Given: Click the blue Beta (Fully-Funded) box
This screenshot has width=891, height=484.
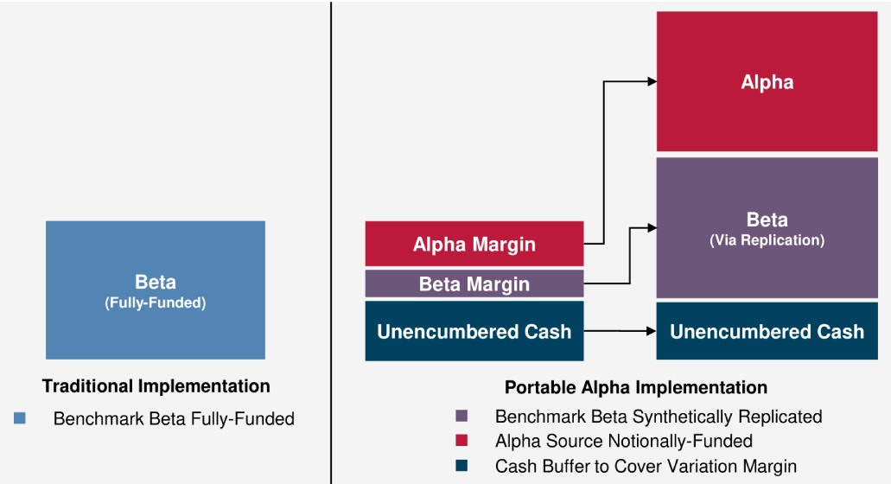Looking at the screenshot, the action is (x=156, y=290).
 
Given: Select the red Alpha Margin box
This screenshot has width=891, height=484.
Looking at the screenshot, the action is (x=474, y=244).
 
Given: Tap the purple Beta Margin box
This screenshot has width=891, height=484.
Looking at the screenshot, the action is (x=474, y=283).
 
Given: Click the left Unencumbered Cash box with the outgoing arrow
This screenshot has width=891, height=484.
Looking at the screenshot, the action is (x=474, y=331).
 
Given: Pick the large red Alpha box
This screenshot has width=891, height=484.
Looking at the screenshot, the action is (x=767, y=81).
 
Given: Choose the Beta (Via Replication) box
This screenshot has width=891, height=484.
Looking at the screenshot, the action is (x=767, y=228).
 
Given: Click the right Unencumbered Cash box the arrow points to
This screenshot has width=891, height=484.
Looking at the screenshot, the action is (x=767, y=331).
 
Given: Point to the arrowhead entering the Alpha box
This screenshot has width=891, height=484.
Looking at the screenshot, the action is (x=652, y=82).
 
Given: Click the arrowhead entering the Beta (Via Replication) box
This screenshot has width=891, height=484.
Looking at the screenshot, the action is (x=652, y=228).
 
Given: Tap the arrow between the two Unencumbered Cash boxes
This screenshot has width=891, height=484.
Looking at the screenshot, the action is (x=620, y=331).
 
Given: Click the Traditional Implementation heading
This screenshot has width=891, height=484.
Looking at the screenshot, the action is (x=156, y=386).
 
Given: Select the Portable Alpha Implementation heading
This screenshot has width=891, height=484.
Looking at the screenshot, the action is (x=636, y=387).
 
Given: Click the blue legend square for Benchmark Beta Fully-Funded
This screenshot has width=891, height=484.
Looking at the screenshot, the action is (x=20, y=418).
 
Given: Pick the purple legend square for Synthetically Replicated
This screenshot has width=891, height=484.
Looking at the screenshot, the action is (x=461, y=416).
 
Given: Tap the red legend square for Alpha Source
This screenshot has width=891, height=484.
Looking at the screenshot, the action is (x=461, y=440).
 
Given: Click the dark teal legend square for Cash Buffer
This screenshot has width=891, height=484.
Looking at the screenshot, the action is (x=461, y=466).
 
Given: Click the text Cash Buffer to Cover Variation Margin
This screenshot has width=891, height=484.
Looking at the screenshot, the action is (x=646, y=467).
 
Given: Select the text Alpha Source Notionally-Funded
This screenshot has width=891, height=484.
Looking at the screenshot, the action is (x=624, y=441).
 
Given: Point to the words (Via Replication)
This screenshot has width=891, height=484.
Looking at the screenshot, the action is (x=767, y=240).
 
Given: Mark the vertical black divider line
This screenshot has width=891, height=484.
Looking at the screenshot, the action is (x=331, y=242).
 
